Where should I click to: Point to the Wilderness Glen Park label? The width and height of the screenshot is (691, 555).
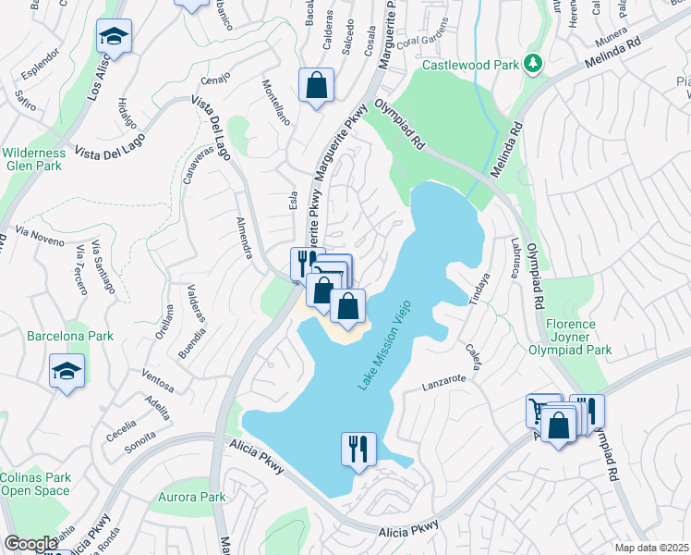pos(33,159)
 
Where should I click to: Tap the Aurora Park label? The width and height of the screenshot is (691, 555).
pos(193,497)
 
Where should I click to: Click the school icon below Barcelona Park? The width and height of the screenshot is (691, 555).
pos(67,371)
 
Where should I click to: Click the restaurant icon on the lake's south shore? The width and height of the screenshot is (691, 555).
pos(358,449)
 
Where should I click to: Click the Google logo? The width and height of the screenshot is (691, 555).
pos(30,544)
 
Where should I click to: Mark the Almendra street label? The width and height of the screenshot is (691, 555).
pos(244,239)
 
